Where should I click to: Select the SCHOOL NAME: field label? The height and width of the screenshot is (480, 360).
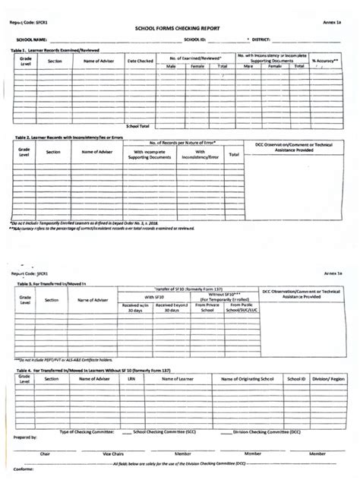click(33, 38)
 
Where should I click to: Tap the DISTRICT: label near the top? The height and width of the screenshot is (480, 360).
click(261, 38)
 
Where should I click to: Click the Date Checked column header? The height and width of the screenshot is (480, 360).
click(141, 60)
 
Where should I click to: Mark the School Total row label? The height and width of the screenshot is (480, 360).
click(137, 125)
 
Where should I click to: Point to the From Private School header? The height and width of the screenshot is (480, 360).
click(207, 308)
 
